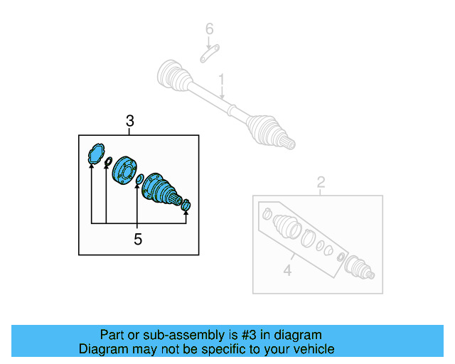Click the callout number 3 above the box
tap(129, 122)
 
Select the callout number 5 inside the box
tap(138, 240)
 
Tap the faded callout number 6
tap(209, 29)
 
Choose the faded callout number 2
tap(321, 182)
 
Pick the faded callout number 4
tap(287, 270)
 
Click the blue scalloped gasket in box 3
tap(95, 154)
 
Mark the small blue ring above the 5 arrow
tap(140, 178)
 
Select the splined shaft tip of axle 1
tap(289, 144)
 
